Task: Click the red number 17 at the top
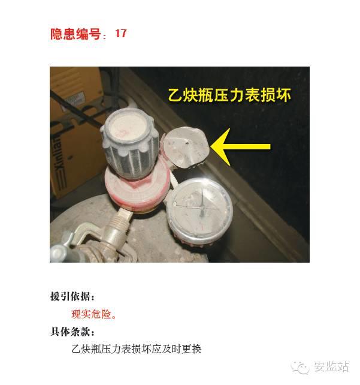(120, 33)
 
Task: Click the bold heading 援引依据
(72, 296)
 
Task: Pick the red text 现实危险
(94, 314)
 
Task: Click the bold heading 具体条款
(72, 331)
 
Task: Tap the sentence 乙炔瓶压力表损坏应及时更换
(136, 348)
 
